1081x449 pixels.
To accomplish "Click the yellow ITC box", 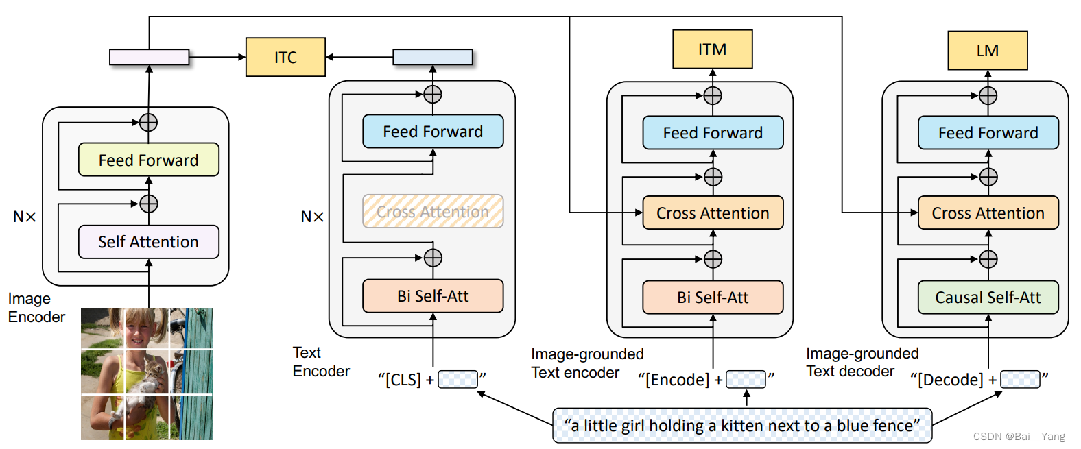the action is coord(285,57).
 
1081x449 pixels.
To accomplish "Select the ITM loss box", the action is coord(712,49).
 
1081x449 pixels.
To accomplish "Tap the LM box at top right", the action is coord(988,50).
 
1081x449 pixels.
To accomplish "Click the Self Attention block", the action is coord(149,241).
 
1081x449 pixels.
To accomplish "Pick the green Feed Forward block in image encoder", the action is coord(149,160).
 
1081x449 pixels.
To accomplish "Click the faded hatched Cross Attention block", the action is coord(433,211).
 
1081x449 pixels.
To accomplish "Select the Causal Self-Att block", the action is coord(988,297).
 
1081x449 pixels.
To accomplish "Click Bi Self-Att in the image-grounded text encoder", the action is coord(713,297).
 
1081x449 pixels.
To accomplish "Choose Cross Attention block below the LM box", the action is coord(988,213).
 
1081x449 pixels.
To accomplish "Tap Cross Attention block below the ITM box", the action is coord(713,213).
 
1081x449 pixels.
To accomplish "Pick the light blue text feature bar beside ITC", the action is coord(433,57).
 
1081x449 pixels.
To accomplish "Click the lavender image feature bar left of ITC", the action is coord(149,57).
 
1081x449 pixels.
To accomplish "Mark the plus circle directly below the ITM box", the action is coord(713,95).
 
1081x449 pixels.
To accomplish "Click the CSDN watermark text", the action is coord(1021,437).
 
